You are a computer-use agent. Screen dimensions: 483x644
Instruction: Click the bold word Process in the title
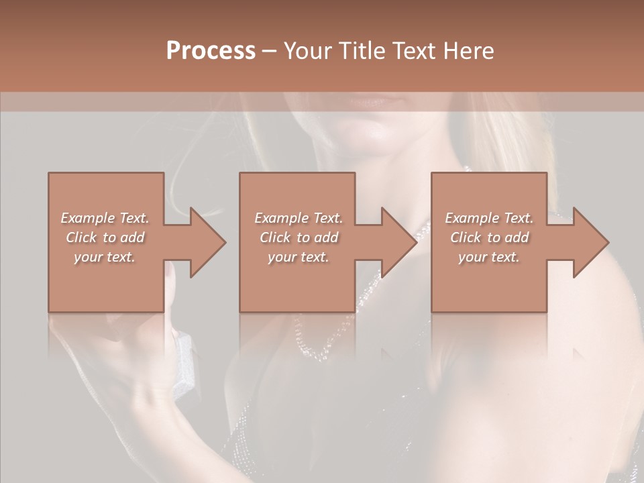(x=211, y=51)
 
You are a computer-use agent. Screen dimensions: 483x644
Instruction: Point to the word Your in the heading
(x=309, y=51)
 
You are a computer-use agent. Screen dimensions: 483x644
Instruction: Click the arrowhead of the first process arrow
(x=208, y=242)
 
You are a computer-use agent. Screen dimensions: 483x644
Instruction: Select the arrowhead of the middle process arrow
(x=399, y=242)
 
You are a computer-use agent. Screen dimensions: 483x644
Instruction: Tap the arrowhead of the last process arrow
(x=590, y=242)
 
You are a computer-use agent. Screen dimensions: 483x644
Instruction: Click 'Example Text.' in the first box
(x=105, y=218)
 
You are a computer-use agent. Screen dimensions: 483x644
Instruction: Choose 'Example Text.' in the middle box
(x=299, y=218)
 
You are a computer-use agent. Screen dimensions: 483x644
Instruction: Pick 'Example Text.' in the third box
(x=489, y=218)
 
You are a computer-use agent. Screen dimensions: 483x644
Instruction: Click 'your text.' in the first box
(x=105, y=257)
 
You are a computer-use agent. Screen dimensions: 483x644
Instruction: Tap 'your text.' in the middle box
(x=299, y=257)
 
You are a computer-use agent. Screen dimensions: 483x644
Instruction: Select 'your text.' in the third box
(x=489, y=257)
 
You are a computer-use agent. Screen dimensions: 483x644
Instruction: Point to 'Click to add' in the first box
(x=105, y=237)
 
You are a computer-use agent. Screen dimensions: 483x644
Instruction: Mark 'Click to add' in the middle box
(x=299, y=237)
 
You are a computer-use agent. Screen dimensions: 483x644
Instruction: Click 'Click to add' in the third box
(x=489, y=237)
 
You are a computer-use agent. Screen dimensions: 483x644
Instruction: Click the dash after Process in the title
(x=270, y=51)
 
